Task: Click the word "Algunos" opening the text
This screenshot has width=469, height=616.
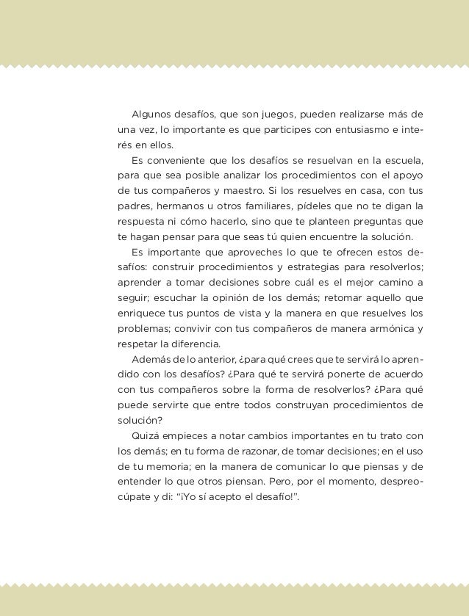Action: (151, 115)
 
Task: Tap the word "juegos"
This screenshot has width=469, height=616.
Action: (270, 115)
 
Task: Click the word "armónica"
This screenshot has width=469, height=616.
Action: (390, 328)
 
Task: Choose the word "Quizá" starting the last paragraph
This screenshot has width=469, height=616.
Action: (145, 435)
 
